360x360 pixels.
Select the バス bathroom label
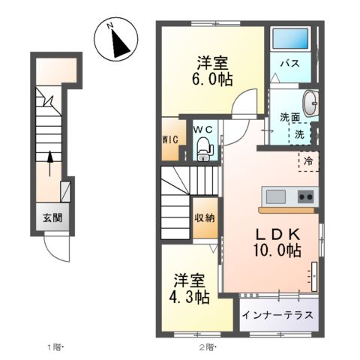coord(290,64)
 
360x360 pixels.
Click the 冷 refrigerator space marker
coord(308,160)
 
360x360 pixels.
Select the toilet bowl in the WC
coord(203,149)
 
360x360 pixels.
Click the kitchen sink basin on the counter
coord(275,197)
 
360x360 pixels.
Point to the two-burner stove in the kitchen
coord(306,197)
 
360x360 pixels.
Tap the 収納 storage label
coord(204,218)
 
